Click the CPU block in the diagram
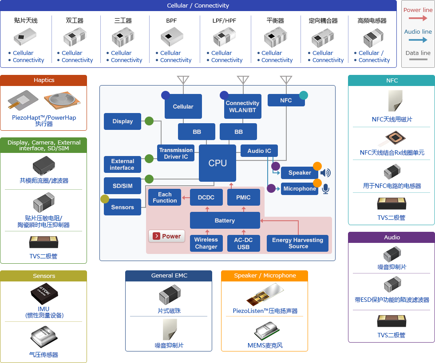(x=217, y=163)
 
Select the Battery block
(x=225, y=220)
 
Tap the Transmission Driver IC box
(x=176, y=153)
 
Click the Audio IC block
(x=259, y=151)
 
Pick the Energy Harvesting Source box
(x=297, y=243)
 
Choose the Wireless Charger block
(x=206, y=243)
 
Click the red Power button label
(x=167, y=236)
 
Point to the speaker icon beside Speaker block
(x=325, y=173)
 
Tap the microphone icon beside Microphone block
(x=326, y=189)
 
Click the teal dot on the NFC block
(x=304, y=95)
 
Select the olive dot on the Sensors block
(x=105, y=199)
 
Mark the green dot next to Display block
(x=149, y=121)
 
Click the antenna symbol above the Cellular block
(x=183, y=80)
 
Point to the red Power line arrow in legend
(x=418, y=18)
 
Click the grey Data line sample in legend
(x=418, y=59)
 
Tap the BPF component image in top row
(x=172, y=37)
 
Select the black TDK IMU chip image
(x=44, y=294)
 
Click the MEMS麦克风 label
(x=265, y=345)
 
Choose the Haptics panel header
(x=43, y=80)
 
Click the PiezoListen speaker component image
(x=265, y=295)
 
